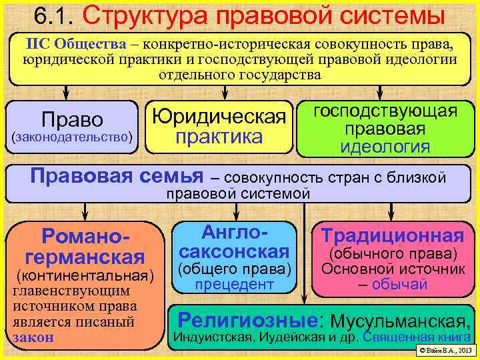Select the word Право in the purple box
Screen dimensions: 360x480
click(x=72, y=120)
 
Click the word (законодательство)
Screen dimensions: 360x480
click(x=72, y=137)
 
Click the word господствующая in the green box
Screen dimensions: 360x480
click(x=385, y=111)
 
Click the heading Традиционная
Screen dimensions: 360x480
click(x=393, y=236)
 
